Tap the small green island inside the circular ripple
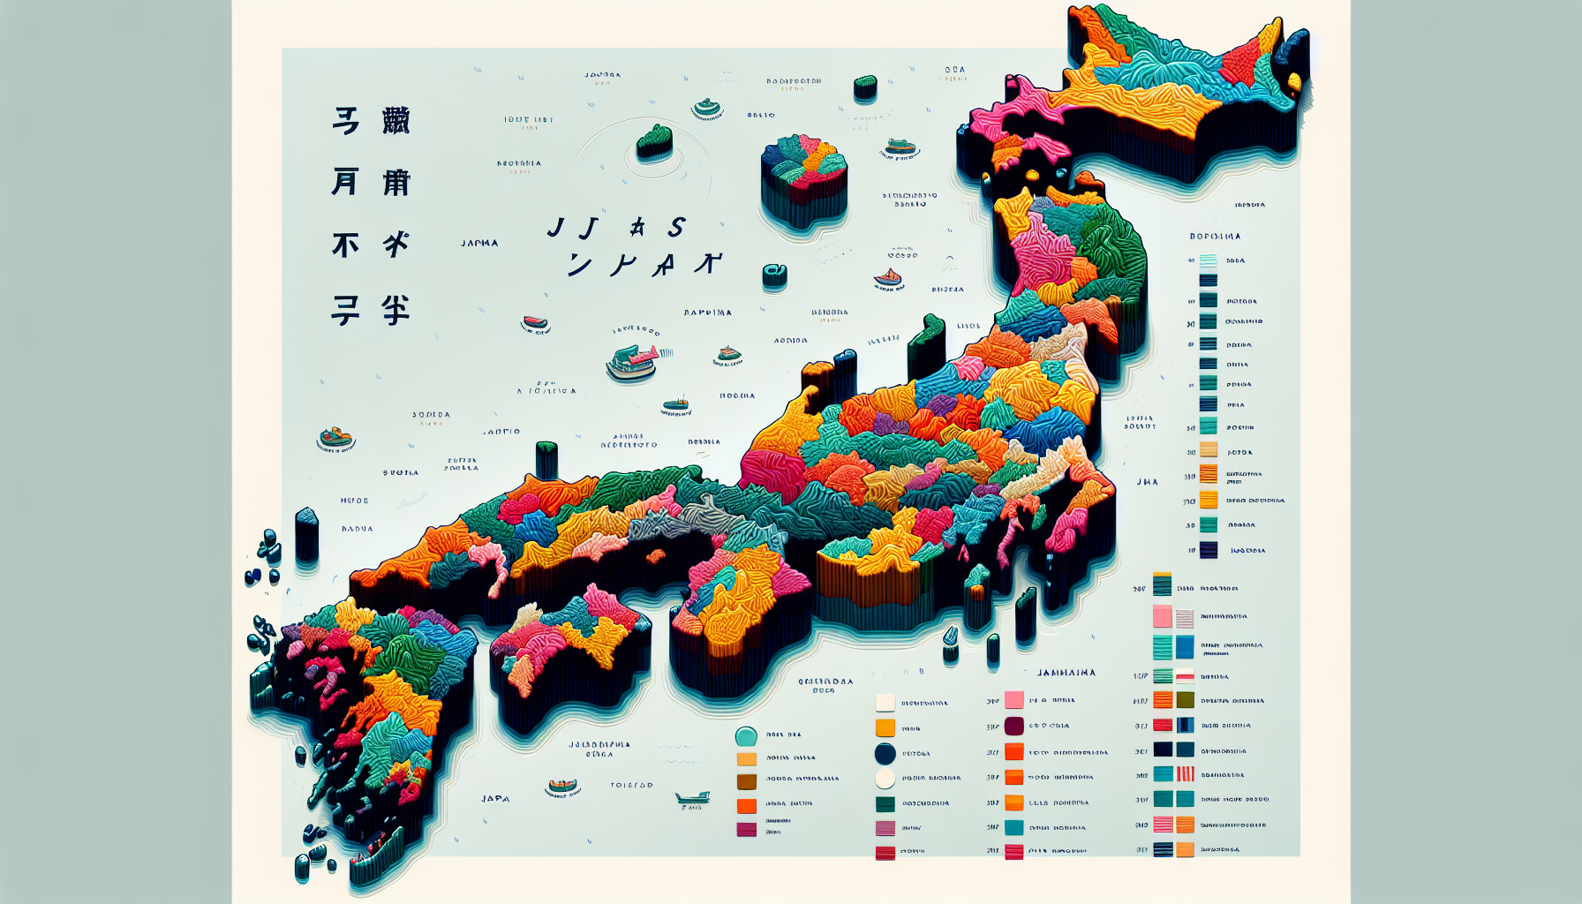coord(654,141)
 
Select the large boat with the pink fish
coord(633,361)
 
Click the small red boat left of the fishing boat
coord(535,323)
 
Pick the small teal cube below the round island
coord(774,275)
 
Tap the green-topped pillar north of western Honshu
coord(546,458)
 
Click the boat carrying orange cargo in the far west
coord(335,438)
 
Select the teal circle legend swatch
coord(746,736)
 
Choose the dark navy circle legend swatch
coord(885,753)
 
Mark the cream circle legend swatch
coord(885,778)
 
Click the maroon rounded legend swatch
coord(1013,726)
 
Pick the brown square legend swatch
coord(747,781)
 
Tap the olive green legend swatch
coord(1186,700)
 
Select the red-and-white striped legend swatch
coord(1186,774)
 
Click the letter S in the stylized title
coord(676,228)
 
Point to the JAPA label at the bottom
coord(495,799)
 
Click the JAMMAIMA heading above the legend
coord(1066,673)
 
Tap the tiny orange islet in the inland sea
coord(655,555)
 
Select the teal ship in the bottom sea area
coord(692,798)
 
